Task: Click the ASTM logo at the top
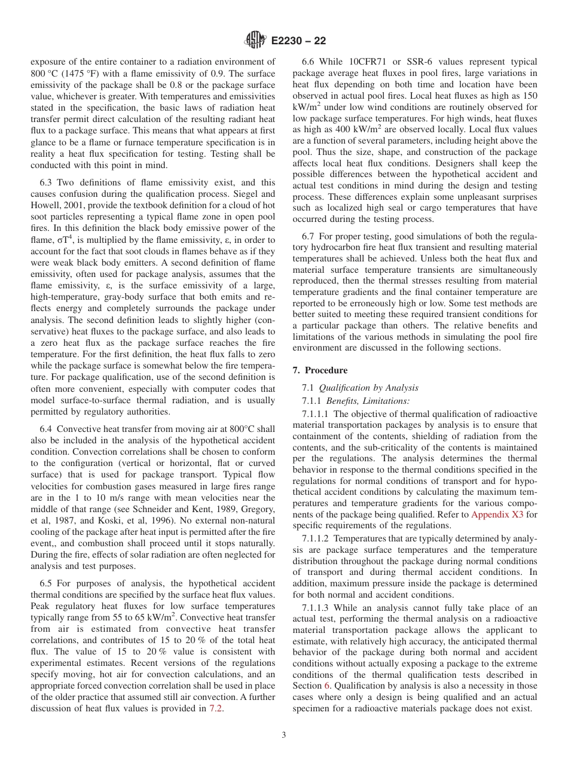[x=255, y=41]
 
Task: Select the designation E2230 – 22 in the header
[x=298, y=41]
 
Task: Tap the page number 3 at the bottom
[x=283, y=735]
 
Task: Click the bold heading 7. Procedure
[x=320, y=370]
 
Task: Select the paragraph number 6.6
[x=309, y=62]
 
